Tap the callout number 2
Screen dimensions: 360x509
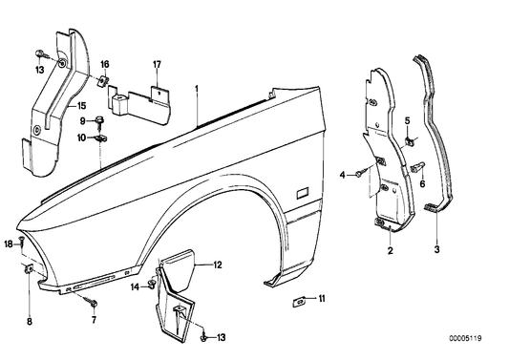pos(389,251)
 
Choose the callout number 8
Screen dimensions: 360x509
pos(28,307)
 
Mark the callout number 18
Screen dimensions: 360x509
pos(8,245)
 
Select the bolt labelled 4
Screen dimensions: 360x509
pos(355,173)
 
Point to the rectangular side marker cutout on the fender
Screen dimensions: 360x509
pos(302,192)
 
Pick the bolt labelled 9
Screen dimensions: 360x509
pos(98,120)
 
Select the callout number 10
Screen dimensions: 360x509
pos(82,138)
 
